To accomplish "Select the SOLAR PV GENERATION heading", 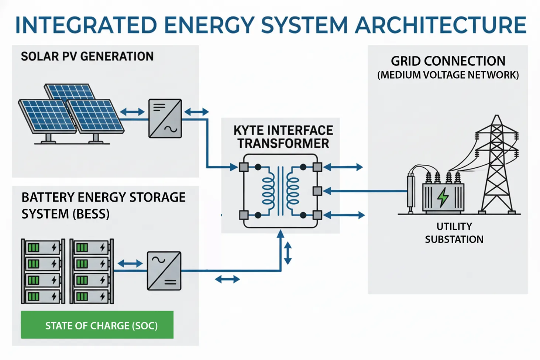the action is [87, 56].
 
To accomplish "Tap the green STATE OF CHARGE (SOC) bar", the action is [97, 325].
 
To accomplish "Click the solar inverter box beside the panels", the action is [165, 119].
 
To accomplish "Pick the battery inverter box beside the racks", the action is [164, 271].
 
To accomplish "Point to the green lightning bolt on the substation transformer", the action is [443, 198].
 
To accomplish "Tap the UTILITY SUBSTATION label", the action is [454, 233].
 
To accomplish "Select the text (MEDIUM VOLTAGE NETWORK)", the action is [448, 75].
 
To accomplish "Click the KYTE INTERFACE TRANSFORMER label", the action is [283, 137].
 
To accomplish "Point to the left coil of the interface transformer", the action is [268, 191].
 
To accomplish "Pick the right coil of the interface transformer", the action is [293, 191].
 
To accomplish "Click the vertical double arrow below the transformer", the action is [288, 253].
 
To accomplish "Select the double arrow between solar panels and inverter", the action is [132, 112].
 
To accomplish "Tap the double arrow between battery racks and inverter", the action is [130, 263].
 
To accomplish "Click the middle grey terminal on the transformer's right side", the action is [317, 191].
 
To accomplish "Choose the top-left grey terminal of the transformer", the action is [244, 167].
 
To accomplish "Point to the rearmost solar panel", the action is [70, 92].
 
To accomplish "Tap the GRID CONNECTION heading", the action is [448, 61].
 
